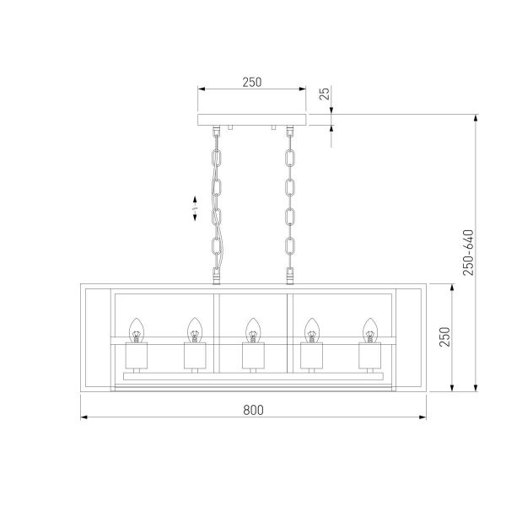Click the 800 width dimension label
coord(253,410)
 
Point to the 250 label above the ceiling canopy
coord(251,83)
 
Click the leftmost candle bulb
coord(137,330)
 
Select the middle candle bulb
coord(252,330)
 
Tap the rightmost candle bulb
coord(369,330)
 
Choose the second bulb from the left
coord(194,330)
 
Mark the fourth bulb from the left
coord(311,330)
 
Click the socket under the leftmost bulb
coord(137,358)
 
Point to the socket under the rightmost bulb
coord(369,358)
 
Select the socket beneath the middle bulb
coord(252,358)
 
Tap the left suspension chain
coord(217,202)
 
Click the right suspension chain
coord(291,202)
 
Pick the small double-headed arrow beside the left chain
coord(195,207)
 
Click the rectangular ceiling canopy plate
coord(252,119)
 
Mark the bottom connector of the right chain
coord(291,275)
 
